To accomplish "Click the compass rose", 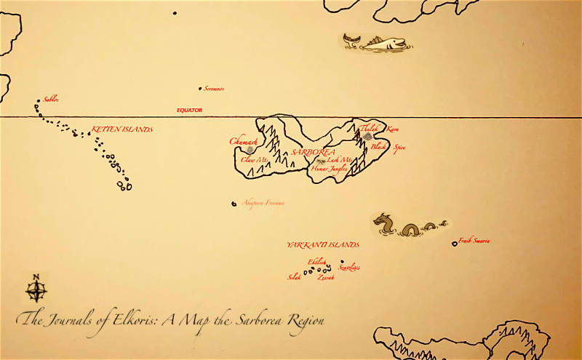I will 36,289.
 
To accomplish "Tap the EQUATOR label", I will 189,111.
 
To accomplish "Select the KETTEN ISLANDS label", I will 121,129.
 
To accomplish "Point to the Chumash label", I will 243,141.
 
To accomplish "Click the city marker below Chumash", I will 250,150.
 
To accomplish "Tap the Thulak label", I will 370,128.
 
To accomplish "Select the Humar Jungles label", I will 329,168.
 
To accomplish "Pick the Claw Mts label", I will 255,159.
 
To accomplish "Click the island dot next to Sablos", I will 39,102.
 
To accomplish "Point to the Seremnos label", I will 214,89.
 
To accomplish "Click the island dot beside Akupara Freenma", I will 234,204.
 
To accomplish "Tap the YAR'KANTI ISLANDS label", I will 322,244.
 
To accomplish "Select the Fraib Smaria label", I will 474,241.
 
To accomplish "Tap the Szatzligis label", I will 349,268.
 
